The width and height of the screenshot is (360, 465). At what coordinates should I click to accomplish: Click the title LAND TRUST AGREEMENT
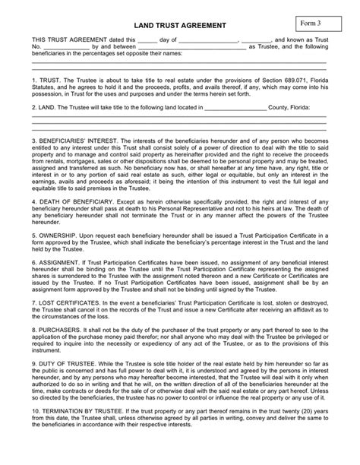pyautogui.click(x=179, y=24)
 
